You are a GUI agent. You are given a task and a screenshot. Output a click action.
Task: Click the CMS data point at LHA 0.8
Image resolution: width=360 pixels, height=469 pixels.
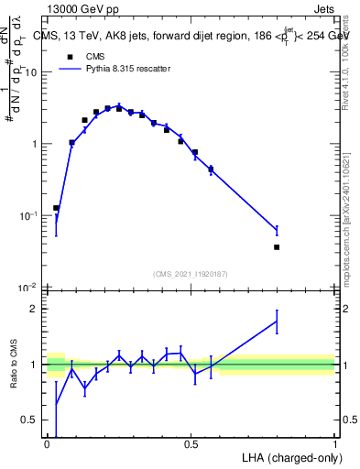(x=277, y=247)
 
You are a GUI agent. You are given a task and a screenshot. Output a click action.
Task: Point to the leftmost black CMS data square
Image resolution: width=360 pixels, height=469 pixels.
(x=56, y=209)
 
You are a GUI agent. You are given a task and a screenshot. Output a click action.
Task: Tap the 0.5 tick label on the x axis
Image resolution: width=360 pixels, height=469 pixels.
(x=191, y=444)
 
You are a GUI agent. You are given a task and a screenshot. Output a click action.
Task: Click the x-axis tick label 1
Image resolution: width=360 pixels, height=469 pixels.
(x=335, y=444)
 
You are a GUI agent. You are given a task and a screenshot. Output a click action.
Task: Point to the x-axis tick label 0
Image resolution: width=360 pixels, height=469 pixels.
(x=48, y=444)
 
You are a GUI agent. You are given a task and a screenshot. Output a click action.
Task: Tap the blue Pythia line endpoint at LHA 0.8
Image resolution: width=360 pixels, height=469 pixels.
(x=277, y=230)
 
